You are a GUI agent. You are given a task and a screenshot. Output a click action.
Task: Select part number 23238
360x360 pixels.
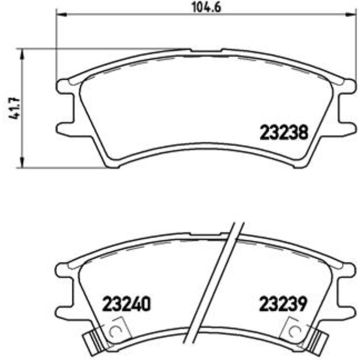click(283, 132)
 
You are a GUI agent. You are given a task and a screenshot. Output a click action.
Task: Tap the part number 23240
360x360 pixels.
click(127, 304)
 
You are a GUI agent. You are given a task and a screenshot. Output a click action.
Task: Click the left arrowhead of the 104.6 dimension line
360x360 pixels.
click(60, 15)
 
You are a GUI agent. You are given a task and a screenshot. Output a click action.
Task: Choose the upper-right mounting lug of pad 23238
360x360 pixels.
click(347, 86)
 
